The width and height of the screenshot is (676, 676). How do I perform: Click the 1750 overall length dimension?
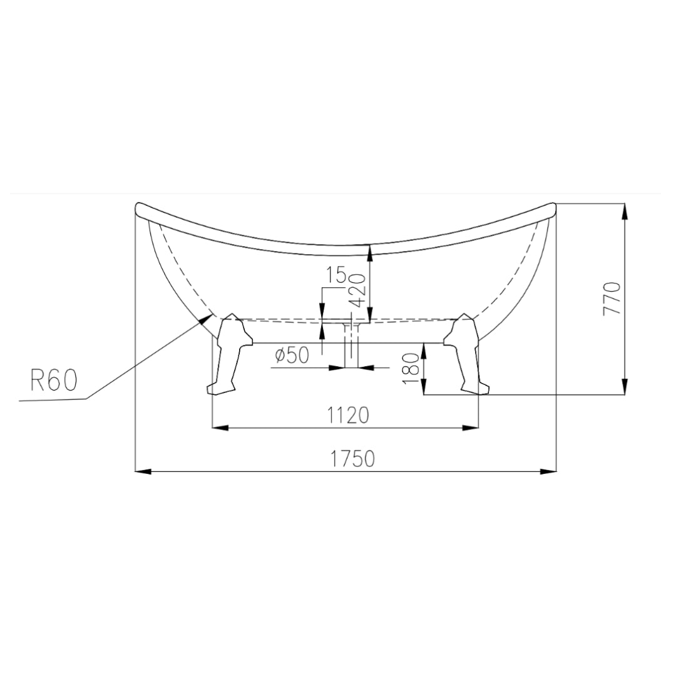pyautogui.click(x=352, y=459)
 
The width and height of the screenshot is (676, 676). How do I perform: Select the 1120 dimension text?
pyautogui.click(x=348, y=416)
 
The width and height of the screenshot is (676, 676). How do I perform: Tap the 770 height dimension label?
pyautogui.click(x=612, y=298)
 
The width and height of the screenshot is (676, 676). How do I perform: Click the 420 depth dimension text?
pyautogui.click(x=359, y=290)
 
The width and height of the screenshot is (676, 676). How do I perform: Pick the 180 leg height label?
pyautogui.click(x=411, y=368)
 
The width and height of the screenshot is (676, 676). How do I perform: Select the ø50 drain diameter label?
pyautogui.click(x=292, y=356)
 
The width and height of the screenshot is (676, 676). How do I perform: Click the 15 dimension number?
pyautogui.click(x=336, y=275)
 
